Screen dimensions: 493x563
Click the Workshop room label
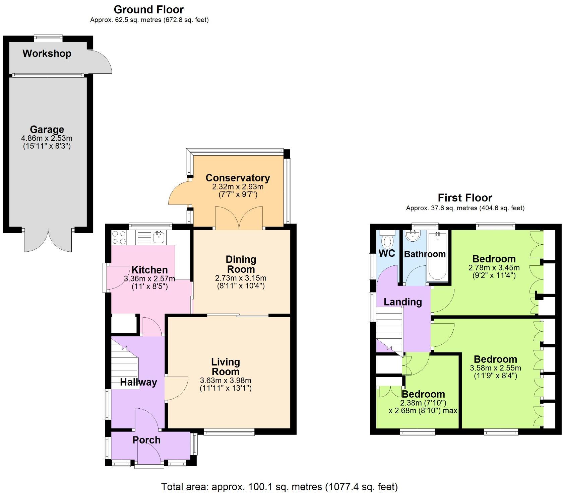coord(47,54)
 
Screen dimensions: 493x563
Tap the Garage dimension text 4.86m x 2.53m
coord(47,138)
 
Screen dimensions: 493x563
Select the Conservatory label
coord(238,178)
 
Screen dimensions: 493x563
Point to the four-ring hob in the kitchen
coord(119,237)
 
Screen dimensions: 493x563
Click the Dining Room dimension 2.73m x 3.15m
coord(241,278)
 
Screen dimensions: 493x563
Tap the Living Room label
coord(226,366)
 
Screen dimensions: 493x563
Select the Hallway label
coord(138,382)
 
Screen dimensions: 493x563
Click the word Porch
coord(146,440)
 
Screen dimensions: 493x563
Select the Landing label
coord(402,302)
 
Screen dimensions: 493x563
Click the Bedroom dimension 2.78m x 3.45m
coord(494,268)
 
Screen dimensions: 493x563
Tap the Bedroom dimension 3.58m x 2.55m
coord(495,368)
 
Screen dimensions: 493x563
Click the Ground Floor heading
coord(149,9)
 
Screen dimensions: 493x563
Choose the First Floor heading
coord(465,197)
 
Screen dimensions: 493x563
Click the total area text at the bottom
coord(279,486)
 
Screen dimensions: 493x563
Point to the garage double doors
coord(48,240)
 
